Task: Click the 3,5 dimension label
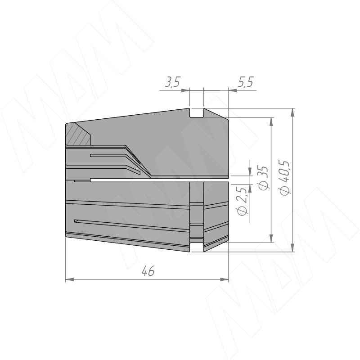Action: [173, 82]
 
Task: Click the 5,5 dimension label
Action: [246, 82]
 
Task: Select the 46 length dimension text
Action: [148, 271]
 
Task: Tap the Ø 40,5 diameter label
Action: [285, 178]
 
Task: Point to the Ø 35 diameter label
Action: [264, 178]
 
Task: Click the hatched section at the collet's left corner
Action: [77, 134]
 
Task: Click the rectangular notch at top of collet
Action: [197, 113]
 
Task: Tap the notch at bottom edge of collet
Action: [197, 247]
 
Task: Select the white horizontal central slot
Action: [159, 180]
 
